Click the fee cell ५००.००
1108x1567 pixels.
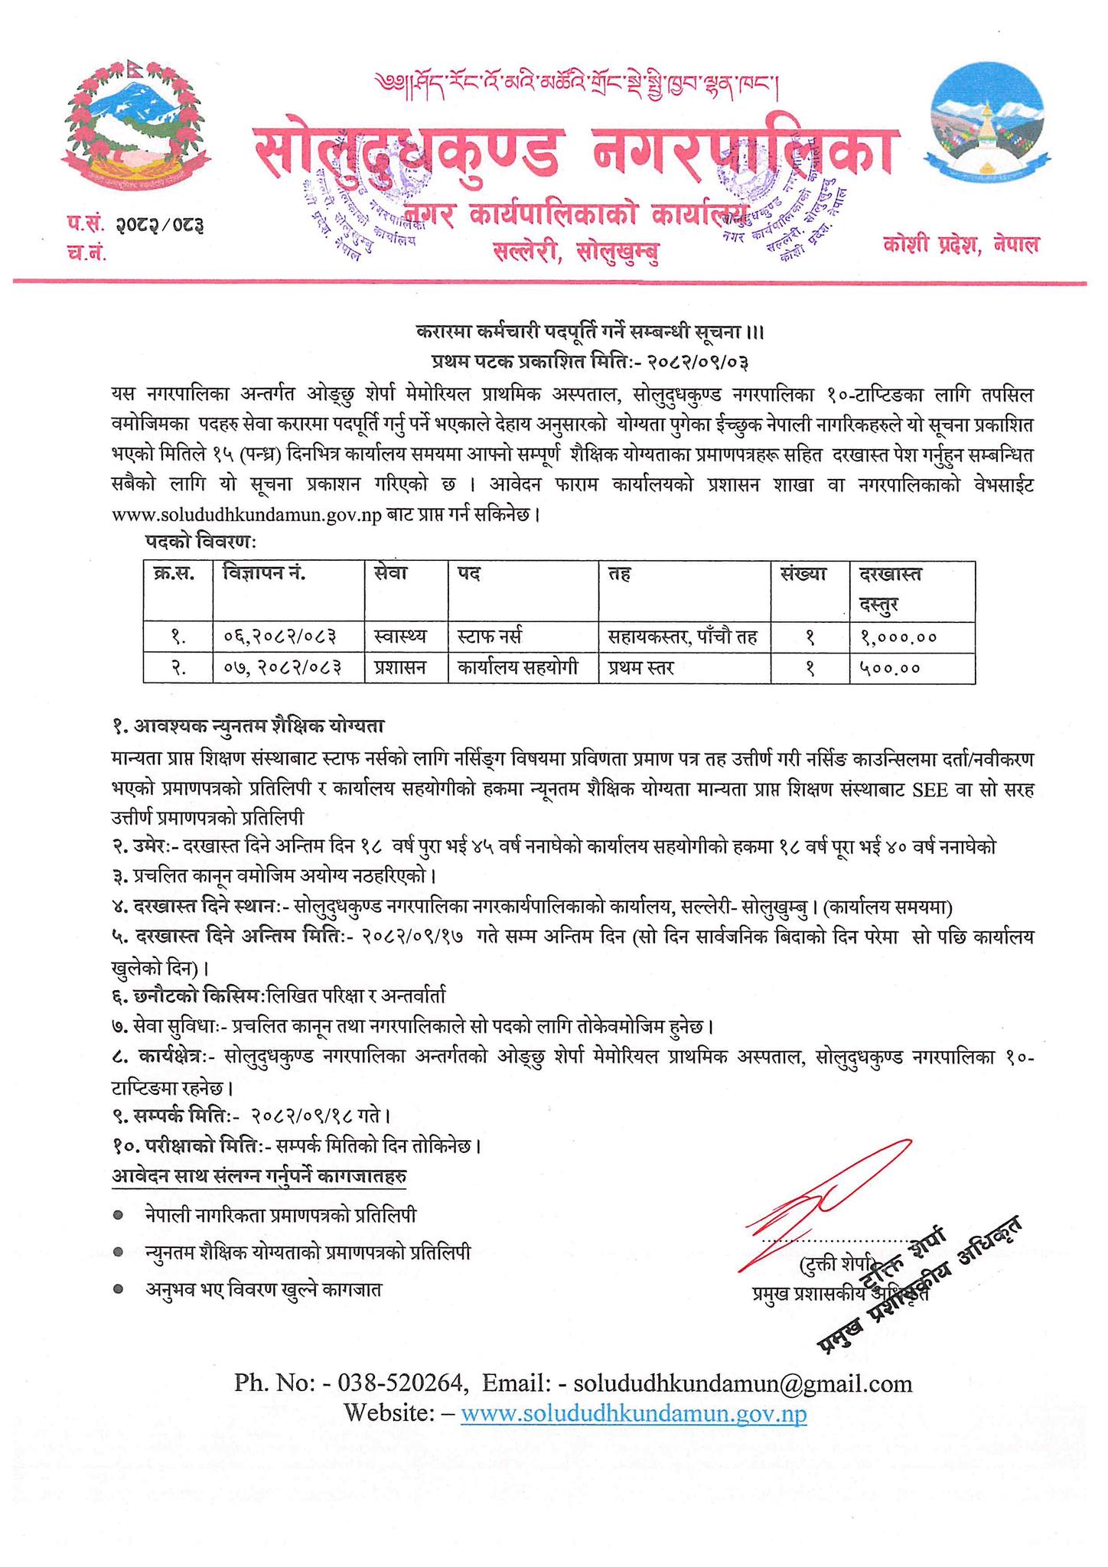click(x=888, y=668)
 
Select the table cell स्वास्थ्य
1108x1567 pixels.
click(x=402, y=637)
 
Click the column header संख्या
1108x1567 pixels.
click(x=803, y=573)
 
